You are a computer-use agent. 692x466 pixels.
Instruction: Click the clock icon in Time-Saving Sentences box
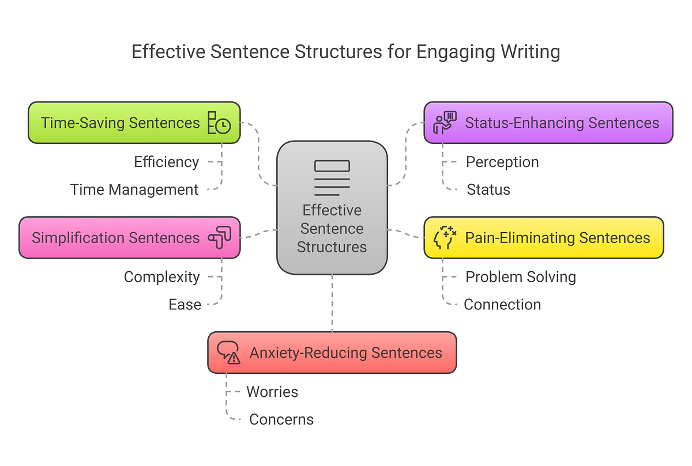pyautogui.click(x=219, y=123)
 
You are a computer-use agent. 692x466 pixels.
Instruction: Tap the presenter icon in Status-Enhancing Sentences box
pyautogui.click(x=445, y=123)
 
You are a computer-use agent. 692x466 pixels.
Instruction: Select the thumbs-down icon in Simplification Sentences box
pyautogui.click(x=220, y=238)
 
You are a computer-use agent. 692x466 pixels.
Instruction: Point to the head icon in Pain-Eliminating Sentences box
pyautogui.click(x=445, y=238)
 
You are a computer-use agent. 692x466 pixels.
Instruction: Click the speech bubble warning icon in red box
pyautogui.click(x=228, y=353)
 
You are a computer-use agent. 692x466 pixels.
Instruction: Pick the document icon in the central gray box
pyautogui.click(x=332, y=178)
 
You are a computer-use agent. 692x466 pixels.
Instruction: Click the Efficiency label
pyautogui.click(x=167, y=162)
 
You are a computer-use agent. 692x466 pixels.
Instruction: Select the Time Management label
pyautogui.click(x=134, y=190)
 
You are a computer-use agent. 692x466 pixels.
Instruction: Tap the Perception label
pyautogui.click(x=502, y=162)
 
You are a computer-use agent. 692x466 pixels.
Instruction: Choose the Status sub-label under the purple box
pyautogui.click(x=488, y=190)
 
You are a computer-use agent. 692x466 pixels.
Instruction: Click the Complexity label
pyautogui.click(x=162, y=277)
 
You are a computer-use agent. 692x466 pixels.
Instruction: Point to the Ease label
pyautogui.click(x=185, y=305)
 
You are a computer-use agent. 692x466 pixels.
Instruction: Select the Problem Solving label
pyautogui.click(x=521, y=277)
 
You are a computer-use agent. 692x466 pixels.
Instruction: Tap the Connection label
pyautogui.click(x=502, y=305)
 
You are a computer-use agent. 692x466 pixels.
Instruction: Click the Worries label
pyautogui.click(x=272, y=392)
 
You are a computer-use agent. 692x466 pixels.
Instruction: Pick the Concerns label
pyautogui.click(x=281, y=420)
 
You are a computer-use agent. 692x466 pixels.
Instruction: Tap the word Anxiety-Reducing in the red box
pyautogui.click(x=309, y=353)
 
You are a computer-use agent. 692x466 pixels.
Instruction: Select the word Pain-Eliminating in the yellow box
pyautogui.click(x=520, y=238)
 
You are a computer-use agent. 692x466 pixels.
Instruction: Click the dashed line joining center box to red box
pyautogui.click(x=332, y=303)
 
